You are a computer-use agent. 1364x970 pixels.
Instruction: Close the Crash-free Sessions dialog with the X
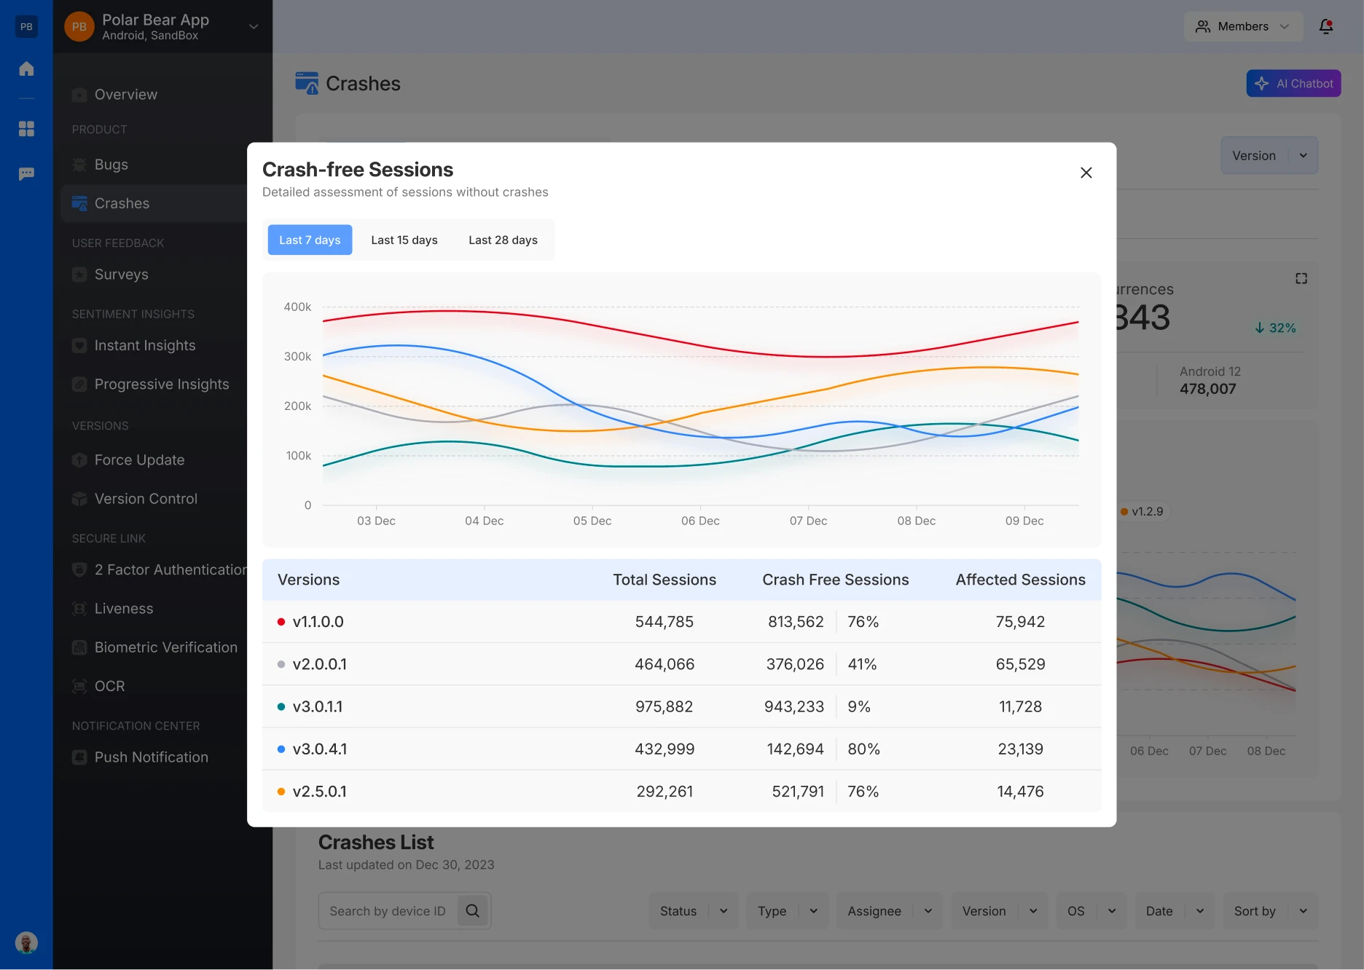(1086, 173)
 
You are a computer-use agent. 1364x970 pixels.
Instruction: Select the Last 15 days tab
(404, 240)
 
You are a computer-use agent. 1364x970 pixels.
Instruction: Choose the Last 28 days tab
(503, 240)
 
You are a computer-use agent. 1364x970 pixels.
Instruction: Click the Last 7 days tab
(310, 240)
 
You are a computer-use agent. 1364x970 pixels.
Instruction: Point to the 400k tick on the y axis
(297, 307)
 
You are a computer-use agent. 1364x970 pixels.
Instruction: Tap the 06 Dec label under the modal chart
(700, 521)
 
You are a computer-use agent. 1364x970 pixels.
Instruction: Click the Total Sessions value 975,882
(664, 706)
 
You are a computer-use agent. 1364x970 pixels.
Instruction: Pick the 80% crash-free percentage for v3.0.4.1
(863, 749)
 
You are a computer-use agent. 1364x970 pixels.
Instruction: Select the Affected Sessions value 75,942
(1020, 622)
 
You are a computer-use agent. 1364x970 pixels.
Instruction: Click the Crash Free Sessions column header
(835, 580)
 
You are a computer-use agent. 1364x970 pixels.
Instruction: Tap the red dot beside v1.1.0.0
(281, 622)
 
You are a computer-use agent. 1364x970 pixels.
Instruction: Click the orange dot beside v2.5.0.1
(281, 792)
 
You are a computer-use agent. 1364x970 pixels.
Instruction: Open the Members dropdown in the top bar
(1242, 27)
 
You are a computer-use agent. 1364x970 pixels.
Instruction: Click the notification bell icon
(1326, 27)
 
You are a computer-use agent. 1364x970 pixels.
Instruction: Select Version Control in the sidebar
(146, 499)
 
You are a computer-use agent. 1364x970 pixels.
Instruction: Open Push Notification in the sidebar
(151, 757)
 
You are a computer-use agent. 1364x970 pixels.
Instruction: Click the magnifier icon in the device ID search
(473, 911)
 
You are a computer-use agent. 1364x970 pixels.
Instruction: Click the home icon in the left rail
(27, 69)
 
